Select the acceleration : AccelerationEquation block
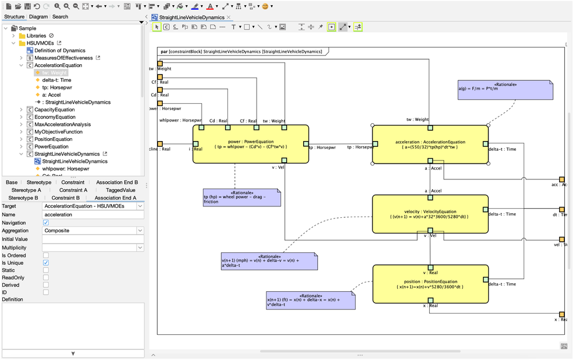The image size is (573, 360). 430,144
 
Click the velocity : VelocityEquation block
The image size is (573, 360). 430,214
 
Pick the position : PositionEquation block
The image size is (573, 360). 430,284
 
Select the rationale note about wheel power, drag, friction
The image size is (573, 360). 241,198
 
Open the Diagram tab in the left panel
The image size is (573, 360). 38,17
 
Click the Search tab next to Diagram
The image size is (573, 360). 60,17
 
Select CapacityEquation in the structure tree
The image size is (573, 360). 54,109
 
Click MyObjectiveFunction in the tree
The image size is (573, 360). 58,132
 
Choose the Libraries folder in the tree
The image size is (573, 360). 36,36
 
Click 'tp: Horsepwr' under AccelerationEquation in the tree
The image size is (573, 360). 57,88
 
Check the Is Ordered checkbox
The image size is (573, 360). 46,255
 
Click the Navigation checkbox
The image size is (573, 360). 46,222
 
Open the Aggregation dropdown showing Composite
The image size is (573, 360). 93,230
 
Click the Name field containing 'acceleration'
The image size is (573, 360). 93,214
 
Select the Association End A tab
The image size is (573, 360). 115,198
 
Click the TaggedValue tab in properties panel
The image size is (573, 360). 120,190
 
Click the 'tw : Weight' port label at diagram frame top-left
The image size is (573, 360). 160,69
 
